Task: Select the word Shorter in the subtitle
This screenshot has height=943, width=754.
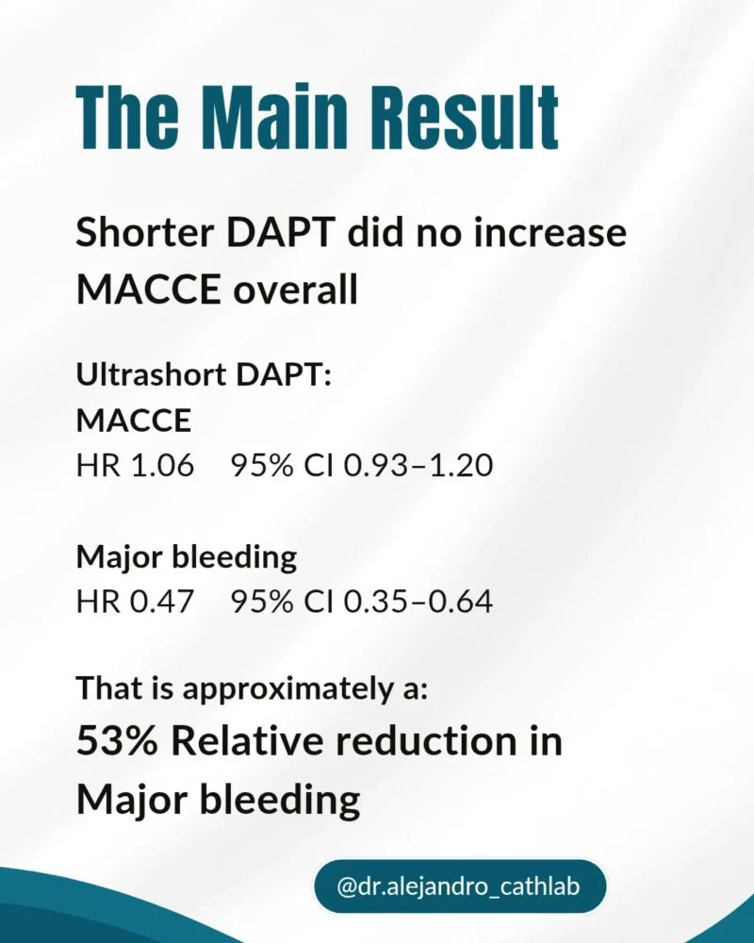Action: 145,232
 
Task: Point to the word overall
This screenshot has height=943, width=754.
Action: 295,290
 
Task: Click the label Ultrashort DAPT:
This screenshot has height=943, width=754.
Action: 204,374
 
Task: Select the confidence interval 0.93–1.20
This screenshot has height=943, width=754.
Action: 418,466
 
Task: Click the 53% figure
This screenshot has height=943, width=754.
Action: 117,741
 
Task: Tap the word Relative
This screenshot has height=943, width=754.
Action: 248,741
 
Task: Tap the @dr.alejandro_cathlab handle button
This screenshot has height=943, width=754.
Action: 459,886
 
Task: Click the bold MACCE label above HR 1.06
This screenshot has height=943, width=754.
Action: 134,421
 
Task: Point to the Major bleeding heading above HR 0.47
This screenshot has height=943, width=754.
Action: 187,557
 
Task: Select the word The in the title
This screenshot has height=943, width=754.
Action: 127,117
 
